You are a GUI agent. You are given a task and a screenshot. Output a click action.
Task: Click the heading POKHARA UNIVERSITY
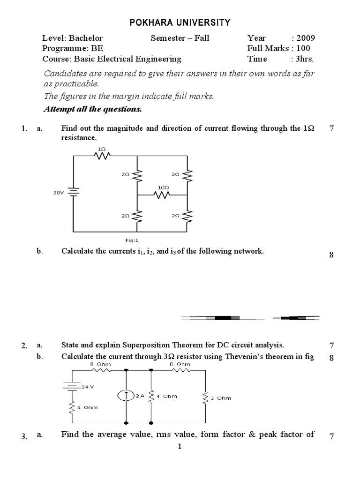pos(180,22)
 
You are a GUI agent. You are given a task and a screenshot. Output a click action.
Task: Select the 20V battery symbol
pos(73,192)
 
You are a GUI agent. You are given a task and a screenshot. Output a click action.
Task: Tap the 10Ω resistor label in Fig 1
pos(163,187)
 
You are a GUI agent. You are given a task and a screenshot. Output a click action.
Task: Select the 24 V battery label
pos(88,387)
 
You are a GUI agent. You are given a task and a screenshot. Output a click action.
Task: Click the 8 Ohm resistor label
pos(99,364)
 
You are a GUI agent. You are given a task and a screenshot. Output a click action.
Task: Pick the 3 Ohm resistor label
pos(222,398)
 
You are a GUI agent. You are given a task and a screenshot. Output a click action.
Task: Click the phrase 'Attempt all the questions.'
pos(92,109)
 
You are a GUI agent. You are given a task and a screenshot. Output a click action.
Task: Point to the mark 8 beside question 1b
pos(331,255)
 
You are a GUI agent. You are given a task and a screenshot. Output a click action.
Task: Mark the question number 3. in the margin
pos(25,436)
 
